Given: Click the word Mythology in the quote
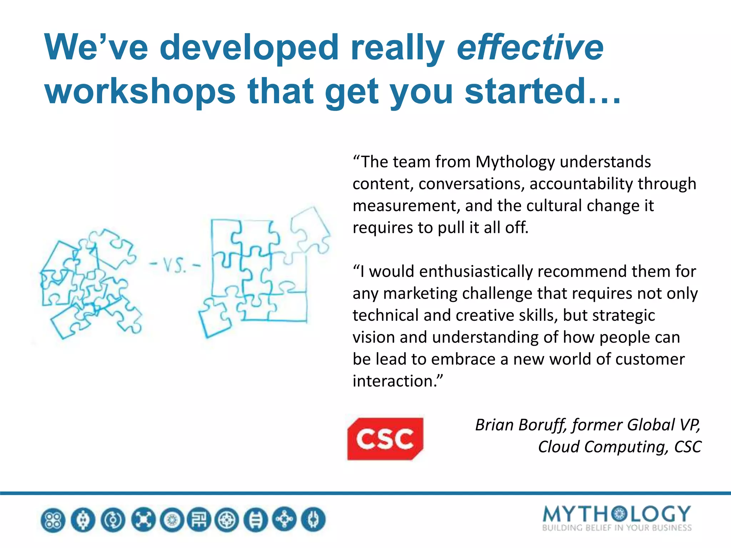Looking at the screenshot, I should [x=515, y=162].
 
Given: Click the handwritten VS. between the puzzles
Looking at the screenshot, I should [x=175, y=265].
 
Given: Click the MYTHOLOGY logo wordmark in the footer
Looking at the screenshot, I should [x=616, y=514].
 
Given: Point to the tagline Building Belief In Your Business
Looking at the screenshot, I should [x=616, y=528].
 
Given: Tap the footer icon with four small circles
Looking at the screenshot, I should [x=53, y=520].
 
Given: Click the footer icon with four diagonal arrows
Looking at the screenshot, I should [x=143, y=520].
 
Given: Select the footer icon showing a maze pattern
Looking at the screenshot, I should [x=199, y=520].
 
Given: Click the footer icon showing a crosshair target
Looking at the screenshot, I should [x=227, y=520].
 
